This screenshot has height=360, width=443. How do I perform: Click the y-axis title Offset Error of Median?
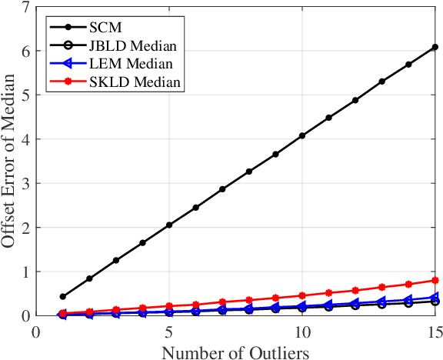point(10,162)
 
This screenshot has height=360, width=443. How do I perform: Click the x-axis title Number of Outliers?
point(235,352)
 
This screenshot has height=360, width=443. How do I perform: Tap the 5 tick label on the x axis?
point(168,331)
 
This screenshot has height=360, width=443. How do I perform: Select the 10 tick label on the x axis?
point(301,331)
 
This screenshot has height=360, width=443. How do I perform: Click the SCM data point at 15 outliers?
point(435,47)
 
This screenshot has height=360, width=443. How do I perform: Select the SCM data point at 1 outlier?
point(63,296)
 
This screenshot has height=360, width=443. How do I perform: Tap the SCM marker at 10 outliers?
point(302,135)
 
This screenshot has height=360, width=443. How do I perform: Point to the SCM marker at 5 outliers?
point(169,225)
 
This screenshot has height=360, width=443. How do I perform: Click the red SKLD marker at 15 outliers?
point(435,280)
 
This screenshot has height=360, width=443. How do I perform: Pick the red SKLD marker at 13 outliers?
point(381,286)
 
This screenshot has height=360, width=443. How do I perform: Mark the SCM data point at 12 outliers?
point(355,100)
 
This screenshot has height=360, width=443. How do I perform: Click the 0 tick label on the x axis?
point(36,331)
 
